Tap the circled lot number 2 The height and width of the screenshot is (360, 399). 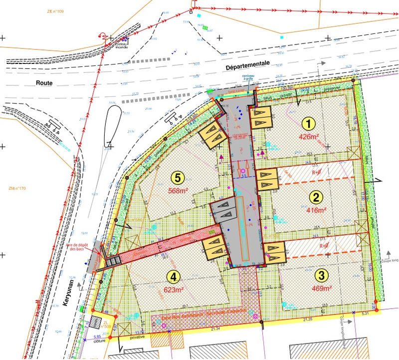315,196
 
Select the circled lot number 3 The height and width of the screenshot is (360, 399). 321,275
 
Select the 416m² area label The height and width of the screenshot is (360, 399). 315,210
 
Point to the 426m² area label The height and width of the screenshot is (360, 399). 309,136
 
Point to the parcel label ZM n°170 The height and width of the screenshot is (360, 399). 18,188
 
